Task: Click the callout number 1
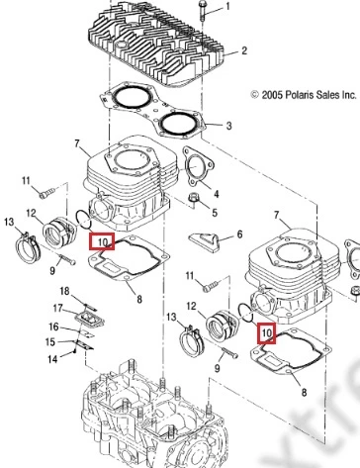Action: click(227, 7)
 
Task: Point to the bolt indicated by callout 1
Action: click(202, 11)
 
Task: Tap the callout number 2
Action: click(243, 50)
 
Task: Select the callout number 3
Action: click(228, 126)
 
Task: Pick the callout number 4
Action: click(216, 194)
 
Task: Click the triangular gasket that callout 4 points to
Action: click(197, 167)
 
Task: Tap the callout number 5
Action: click(215, 213)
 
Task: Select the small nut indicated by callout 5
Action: click(192, 199)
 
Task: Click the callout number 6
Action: click(239, 234)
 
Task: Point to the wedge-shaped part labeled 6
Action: click(205, 241)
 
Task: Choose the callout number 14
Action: click(52, 359)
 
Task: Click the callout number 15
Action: click(50, 341)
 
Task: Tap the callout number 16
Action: click(53, 327)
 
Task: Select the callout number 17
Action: click(58, 308)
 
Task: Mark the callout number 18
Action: click(64, 291)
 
